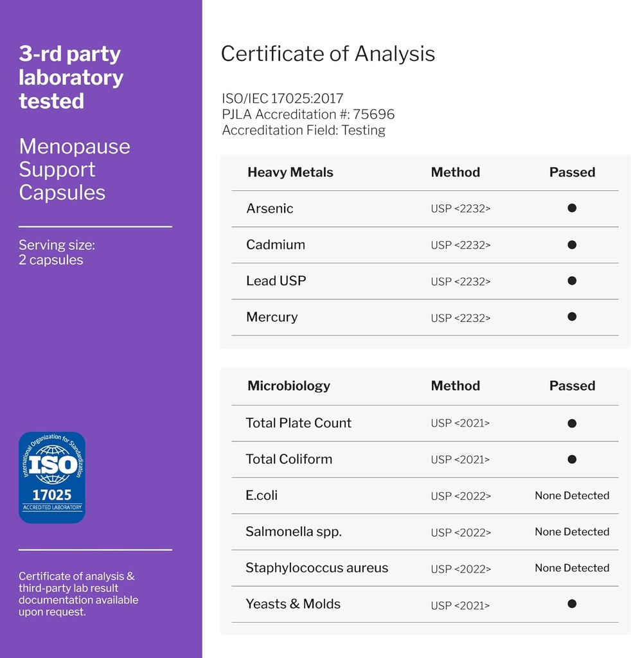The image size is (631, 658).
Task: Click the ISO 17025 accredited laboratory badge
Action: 52,477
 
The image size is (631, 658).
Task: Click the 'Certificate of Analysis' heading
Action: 328,54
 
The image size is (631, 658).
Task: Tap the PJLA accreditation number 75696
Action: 373,114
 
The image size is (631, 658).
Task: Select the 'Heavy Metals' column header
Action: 290,172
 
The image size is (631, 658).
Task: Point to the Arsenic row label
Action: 269,208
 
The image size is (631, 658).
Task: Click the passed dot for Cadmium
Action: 572,245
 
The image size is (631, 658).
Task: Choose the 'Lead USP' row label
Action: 276,281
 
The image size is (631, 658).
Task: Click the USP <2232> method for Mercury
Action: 460,317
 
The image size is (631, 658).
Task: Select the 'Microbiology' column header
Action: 289,386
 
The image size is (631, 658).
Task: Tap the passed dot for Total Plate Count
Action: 572,423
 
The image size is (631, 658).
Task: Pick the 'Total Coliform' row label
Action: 289,459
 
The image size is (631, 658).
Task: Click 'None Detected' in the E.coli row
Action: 572,495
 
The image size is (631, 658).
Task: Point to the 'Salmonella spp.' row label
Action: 293,531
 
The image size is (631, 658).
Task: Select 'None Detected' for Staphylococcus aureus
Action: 572,568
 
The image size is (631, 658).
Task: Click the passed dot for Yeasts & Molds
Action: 572,604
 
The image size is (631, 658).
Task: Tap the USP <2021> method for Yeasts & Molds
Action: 460,605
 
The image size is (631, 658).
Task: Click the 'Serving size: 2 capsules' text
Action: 57,253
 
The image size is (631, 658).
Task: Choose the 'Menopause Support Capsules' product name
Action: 74,170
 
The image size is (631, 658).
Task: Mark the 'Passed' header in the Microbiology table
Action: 572,386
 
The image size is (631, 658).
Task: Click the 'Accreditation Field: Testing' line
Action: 303,130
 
